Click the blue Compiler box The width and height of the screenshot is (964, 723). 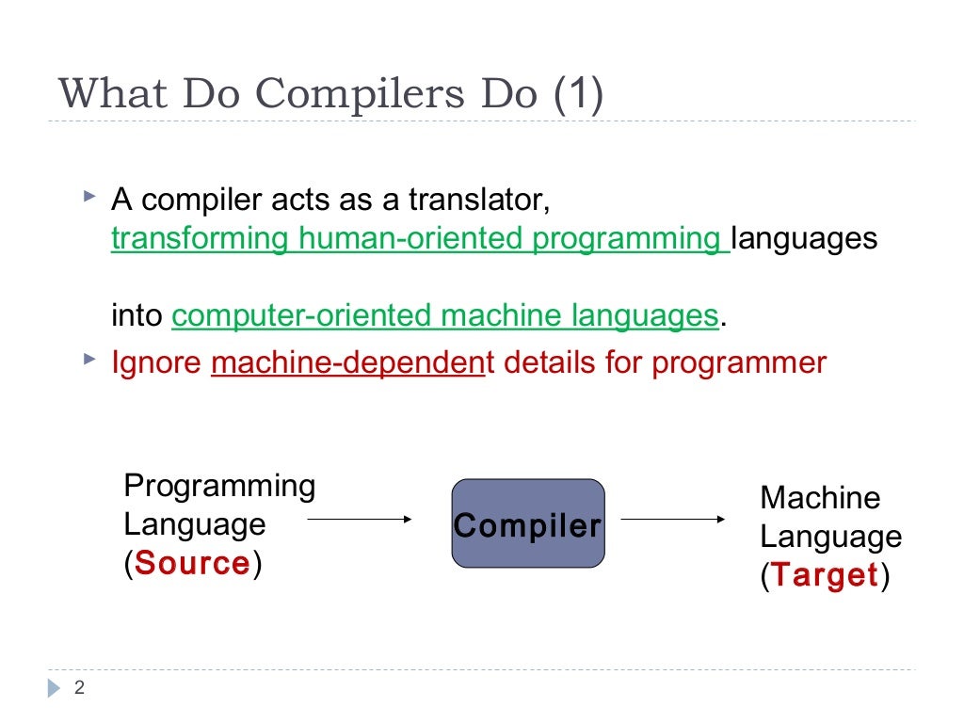pyautogui.click(x=527, y=523)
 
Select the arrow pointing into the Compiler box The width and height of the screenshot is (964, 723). pyautogui.click(x=361, y=519)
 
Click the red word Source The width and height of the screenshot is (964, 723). pyautogui.click(x=193, y=563)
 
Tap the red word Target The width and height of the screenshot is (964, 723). pyautogui.click(x=825, y=575)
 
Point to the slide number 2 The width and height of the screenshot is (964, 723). pyautogui.click(x=80, y=688)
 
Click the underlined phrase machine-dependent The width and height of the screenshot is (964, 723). pyautogui.click(x=346, y=362)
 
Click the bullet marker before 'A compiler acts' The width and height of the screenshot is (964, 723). pyautogui.click(x=88, y=198)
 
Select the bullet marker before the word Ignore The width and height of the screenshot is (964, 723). pyautogui.click(x=88, y=360)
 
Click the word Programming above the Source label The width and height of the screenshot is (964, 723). pyautogui.click(x=219, y=486)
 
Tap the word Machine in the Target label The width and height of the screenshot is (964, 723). pyautogui.click(x=820, y=498)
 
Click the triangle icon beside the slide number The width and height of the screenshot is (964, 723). pyautogui.click(x=54, y=688)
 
